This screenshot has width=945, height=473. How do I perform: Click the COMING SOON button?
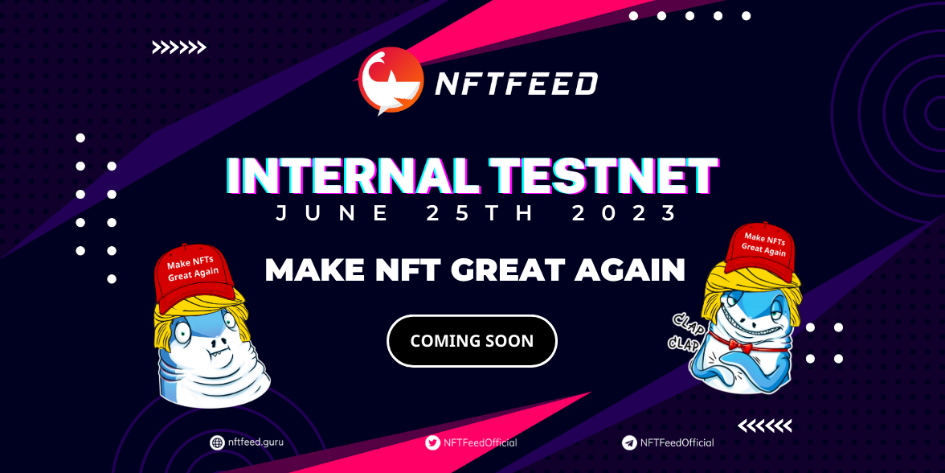[472, 341]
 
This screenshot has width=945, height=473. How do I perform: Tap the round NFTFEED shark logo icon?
[390, 80]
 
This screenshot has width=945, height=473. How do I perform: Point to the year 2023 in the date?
[624, 213]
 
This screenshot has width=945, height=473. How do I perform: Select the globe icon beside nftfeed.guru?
[216, 442]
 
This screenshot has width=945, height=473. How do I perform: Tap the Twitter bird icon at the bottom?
[432, 442]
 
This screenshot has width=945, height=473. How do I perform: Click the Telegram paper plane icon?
[629, 442]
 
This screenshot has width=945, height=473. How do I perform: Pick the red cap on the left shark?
[194, 278]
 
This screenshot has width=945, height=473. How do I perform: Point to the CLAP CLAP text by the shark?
[683, 331]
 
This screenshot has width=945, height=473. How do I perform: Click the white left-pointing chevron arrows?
[765, 426]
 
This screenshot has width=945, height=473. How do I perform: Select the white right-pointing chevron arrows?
[179, 47]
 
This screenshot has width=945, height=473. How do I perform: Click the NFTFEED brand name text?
[517, 84]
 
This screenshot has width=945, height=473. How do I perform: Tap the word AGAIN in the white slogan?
[629, 269]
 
